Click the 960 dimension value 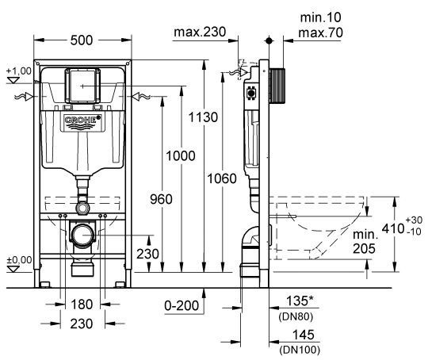[x=159, y=201]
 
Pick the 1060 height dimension [x=224, y=178]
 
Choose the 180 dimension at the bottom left [x=82, y=304]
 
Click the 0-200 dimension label [x=182, y=304]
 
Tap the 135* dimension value [x=300, y=301]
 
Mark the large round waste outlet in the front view [x=82, y=236]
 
